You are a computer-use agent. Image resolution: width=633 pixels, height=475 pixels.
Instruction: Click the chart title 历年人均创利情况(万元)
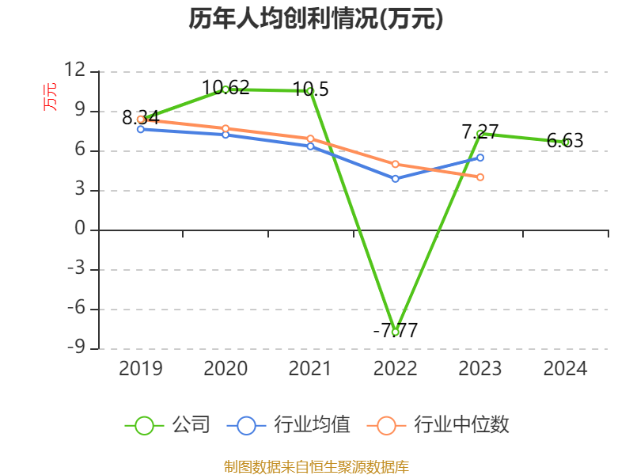[x=316, y=19]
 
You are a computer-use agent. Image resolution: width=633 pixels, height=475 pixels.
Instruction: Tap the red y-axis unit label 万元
[x=50, y=97]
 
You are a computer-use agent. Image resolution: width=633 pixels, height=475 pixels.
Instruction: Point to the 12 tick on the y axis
[x=74, y=71]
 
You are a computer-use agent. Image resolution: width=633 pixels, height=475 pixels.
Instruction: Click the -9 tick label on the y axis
[x=74, y=348]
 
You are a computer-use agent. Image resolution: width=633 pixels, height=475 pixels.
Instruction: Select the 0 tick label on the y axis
[x=80, y=230]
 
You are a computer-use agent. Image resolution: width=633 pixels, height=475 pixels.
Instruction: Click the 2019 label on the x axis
[x=141, y=368]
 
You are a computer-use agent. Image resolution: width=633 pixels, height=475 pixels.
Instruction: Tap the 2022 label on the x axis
[x=395, y=368]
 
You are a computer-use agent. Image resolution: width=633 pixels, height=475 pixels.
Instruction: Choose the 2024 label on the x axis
[x=565, y=368]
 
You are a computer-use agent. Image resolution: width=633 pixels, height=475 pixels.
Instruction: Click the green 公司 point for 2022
[x=395, y=332]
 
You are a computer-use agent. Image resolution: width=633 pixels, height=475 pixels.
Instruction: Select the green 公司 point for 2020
[x=226, y=89]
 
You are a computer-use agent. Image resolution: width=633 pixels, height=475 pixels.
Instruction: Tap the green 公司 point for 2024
[x=566, y=142]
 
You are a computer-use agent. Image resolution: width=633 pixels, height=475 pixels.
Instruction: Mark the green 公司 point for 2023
[x=480, y=134]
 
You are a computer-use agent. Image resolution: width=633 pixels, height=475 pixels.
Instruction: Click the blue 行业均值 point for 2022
[x=395, y=179]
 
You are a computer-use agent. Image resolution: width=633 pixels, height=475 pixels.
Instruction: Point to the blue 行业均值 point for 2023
[x=480, y=158]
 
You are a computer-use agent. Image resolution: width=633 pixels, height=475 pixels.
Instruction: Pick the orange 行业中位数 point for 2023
[x=480, y=177]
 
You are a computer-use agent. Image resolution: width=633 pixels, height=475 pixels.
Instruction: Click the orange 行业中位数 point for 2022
[x=395, y=164]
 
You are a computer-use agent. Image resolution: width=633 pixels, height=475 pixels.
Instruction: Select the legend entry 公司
[x=168, y=425]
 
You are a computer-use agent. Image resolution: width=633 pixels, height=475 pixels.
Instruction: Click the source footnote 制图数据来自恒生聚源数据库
[x=316, y=467]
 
